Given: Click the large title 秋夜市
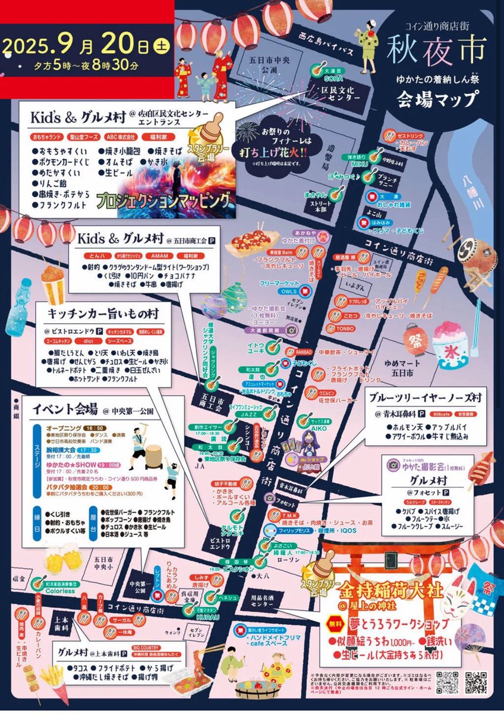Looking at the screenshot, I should tap(436, 51).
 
